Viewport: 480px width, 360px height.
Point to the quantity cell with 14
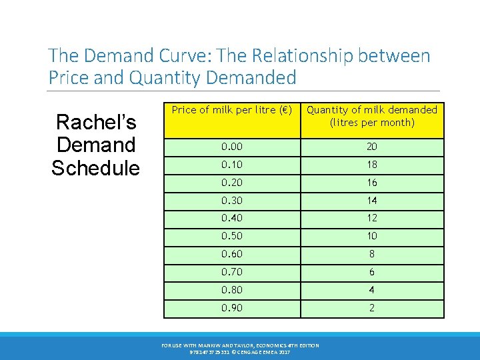[x=371, y=200]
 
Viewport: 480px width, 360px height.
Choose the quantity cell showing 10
[x=371, y=236]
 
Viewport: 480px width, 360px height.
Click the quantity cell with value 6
[x=371, y=272]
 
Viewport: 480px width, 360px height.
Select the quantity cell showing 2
[x=371, y=308]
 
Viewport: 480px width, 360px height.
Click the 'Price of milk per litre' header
[x=232, y=110]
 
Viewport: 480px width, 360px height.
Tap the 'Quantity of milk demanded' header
[x=371, y=116]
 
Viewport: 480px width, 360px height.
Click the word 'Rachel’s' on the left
[x=96, y=122]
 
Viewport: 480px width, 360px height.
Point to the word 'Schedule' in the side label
[x=96, y=168]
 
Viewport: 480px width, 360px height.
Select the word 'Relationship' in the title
[x=314, y=55]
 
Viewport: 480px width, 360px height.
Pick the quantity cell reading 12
[x=371, y=218]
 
